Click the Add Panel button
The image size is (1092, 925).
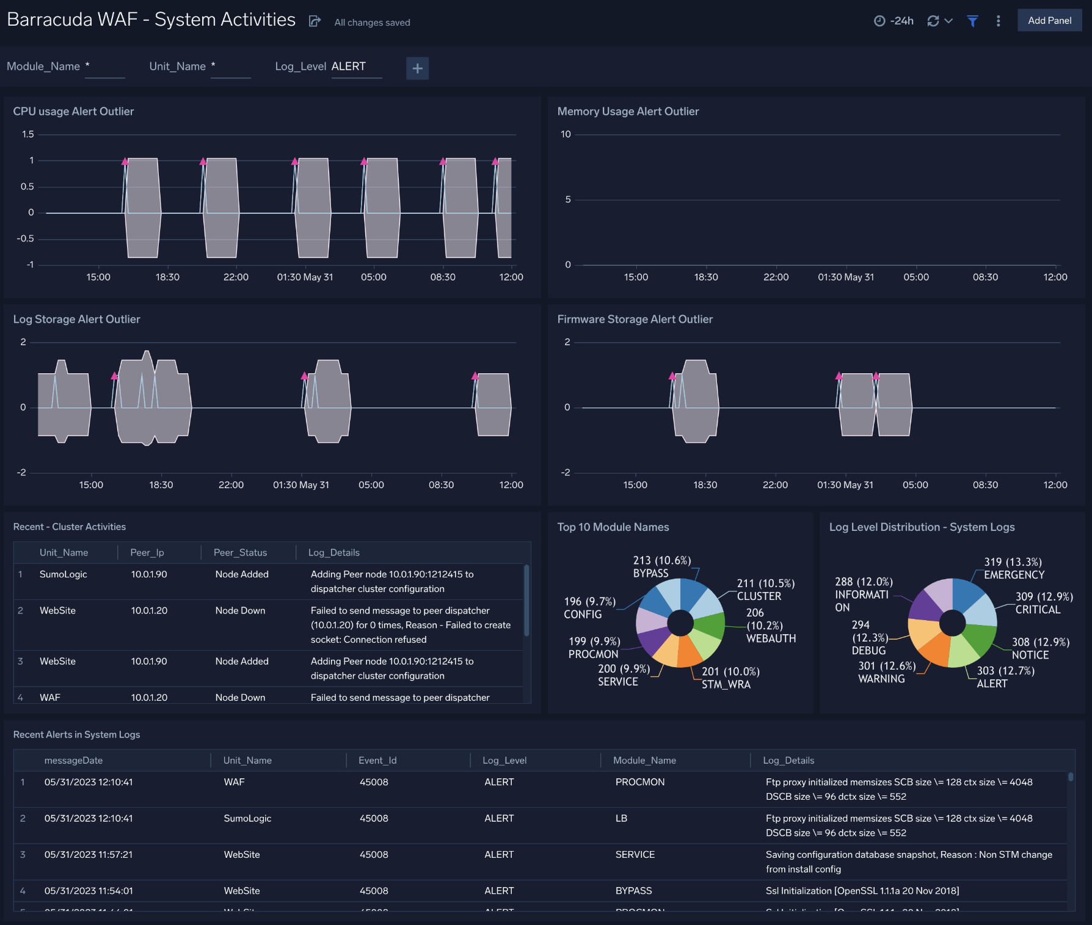[1049, 20]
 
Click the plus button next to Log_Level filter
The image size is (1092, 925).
[417, 68]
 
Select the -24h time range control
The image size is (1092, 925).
[894, 21]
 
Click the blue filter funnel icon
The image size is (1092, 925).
[972, 21]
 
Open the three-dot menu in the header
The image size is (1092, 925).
[998, 21]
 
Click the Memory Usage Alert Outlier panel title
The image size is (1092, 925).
[628, 111]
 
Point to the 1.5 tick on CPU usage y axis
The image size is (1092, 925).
[28, 134]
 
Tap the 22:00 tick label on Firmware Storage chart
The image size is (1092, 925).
[775, 484]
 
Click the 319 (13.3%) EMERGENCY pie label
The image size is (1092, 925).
[1014, 568]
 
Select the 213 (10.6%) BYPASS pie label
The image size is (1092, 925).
[661, 566]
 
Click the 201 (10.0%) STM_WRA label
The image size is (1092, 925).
[730, 678]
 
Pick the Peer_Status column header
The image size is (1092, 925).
[240, 552]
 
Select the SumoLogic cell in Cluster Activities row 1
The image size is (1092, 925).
[64, 574]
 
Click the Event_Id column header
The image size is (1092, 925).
[377, 760]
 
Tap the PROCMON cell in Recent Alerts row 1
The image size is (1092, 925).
[639, 782]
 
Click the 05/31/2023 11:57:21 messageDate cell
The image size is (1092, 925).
[89, 854]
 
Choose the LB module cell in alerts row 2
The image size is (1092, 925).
[621, 818]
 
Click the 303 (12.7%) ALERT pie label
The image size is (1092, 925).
[1005, 677]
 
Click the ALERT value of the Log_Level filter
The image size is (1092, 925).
[349, 67]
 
